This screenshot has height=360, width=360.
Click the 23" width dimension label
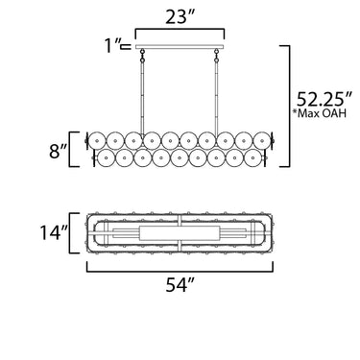(180, 17)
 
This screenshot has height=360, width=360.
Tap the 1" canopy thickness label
(113, 46)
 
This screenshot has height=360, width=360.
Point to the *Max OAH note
(320, 113)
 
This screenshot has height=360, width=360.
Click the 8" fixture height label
(59, 152)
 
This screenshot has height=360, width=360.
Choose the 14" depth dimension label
(54, 232)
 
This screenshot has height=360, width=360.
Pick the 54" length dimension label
(180, 285)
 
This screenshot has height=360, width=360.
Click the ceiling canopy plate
(180, 47)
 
